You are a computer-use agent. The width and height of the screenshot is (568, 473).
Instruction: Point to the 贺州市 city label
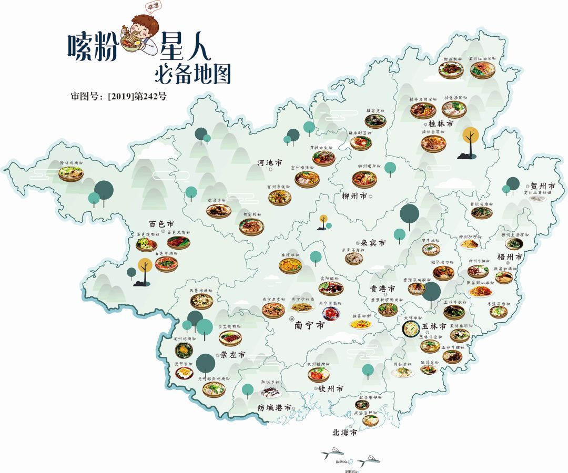(543, 186)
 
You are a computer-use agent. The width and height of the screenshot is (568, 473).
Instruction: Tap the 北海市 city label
(344, 433)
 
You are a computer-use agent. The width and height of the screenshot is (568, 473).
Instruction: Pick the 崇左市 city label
(232, 355)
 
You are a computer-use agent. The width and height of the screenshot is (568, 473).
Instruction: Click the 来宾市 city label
(373, 243)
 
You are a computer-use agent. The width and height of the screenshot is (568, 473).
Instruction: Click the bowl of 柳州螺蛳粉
(364, 180)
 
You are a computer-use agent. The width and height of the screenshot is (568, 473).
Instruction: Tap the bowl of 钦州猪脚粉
(319, 374)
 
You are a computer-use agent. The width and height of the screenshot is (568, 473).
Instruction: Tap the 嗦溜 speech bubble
(154, 6)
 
